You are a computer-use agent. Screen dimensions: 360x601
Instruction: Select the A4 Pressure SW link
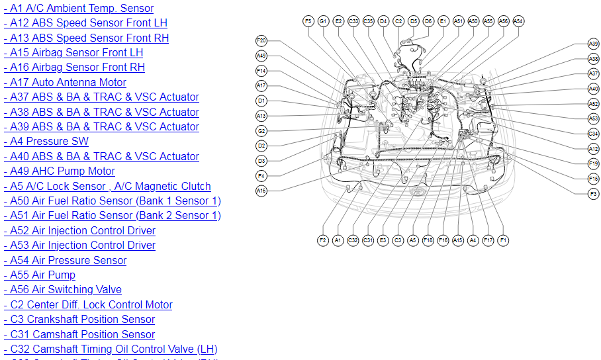[x=46, y=141]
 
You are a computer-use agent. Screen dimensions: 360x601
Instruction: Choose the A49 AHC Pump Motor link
[x=59, y=171]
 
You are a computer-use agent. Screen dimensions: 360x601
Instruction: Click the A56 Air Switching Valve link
[x=62, y=289]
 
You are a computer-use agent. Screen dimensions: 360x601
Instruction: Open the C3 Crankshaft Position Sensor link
[x=79, y=320]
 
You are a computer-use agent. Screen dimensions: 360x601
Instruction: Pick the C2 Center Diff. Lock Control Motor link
[x=87, y=305]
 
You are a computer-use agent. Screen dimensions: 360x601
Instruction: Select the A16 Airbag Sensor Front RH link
[x=73, y=67]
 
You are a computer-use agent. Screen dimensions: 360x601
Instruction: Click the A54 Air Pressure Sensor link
[x=65, y=260]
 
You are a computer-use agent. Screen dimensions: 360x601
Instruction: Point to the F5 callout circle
[x=308, y=21]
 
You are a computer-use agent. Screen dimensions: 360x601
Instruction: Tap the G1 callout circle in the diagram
[x=323, y=21]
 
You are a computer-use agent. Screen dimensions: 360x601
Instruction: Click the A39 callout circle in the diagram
[x=593, y=44]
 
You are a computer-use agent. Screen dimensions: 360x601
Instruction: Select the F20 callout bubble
[x=261, y=40]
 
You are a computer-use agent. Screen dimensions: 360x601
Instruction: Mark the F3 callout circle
[x=593, y=193]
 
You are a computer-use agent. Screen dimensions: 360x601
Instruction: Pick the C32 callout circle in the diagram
[x=353, y=240]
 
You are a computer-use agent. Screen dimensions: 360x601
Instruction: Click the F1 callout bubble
[x=503, y=240]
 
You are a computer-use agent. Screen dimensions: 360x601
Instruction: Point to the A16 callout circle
[x=261, y=191]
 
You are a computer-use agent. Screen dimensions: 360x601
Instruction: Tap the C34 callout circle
[x=593, y=134]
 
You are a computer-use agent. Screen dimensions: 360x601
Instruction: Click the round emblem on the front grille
[x=418, y=191]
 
